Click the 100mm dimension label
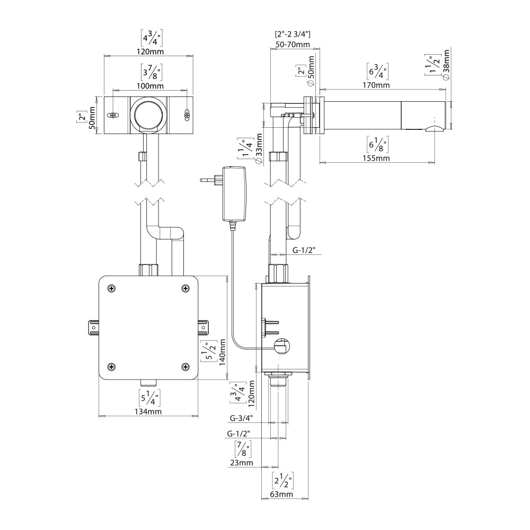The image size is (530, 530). tap(150, 86)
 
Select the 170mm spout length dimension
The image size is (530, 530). tap(376, 85)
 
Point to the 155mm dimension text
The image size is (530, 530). tap(376, 158)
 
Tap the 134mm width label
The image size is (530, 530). tap(148, 411)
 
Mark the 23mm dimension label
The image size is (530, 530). tap(241, 463)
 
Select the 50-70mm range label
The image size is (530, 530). tap(293, 45)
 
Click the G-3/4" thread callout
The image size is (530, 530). tap(241, 418)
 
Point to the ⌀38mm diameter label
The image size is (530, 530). tap(446, 65)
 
